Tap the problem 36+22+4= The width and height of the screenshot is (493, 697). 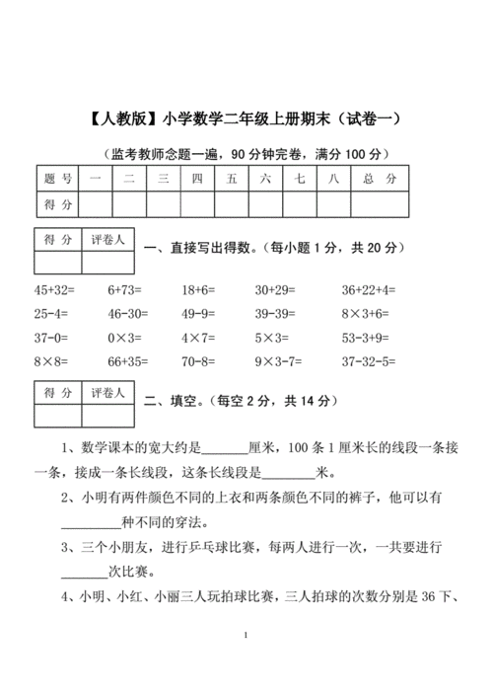pos(368,290)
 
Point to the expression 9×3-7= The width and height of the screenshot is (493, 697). pos(279,361)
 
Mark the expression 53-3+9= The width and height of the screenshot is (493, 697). pos(366,338)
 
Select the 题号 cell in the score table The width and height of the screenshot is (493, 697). pos(59,179)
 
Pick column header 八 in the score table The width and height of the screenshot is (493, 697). pos(334,179)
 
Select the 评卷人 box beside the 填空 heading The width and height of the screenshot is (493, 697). pos(107,394)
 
